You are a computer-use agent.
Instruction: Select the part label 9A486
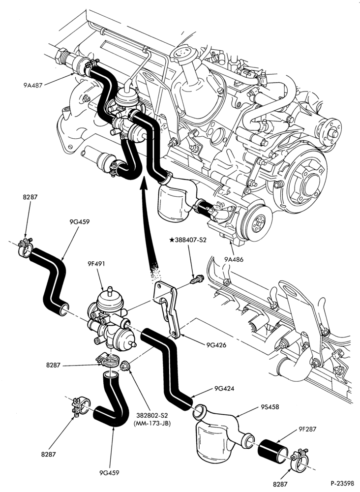pos(234,259)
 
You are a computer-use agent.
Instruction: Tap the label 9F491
pos(96,264)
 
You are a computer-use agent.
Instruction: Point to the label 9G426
pos(216,345)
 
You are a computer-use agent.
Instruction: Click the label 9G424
pos(225,389)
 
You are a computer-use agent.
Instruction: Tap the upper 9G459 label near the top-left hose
pos(79,222)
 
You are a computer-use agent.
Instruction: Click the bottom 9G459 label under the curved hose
pos(110,472)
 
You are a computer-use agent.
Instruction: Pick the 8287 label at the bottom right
pos(280,485)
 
